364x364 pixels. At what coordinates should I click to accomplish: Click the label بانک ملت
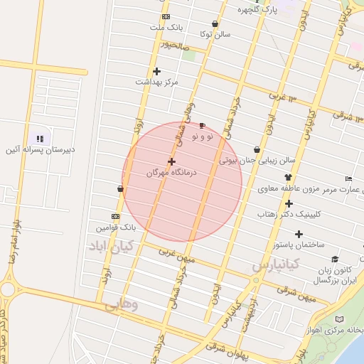coord(166,27)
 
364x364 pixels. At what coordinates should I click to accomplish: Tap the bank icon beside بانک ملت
coord(166,16)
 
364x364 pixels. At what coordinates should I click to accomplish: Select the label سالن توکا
coord(214,34)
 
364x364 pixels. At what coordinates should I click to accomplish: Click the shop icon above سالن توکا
coord(215,23)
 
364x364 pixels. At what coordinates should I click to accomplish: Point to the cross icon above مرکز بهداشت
coord(156,71)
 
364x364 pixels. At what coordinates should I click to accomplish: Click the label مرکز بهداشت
coord(156,82)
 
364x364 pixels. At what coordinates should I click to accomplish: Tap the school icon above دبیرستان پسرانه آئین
coord(40,139)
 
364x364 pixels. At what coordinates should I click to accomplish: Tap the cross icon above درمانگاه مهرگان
coord(171,162)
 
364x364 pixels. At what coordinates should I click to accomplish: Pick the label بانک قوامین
coord(116,227)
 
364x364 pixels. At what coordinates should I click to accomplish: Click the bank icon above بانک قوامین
coord(116,216)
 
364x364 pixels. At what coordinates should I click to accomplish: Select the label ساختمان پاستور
coord(298,245)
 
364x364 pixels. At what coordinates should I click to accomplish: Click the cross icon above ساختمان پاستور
coord(299,234)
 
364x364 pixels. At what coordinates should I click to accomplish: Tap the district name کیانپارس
coord(277,265)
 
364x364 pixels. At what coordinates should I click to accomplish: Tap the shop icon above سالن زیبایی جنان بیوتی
coord(257,150)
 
